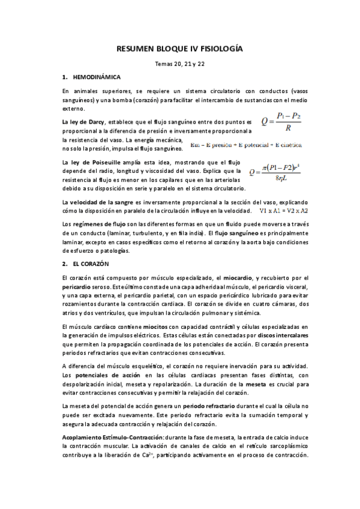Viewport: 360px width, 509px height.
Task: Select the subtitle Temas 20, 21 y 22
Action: tap(179, 65)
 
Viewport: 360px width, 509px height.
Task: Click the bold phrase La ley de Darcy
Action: tap(83, 122)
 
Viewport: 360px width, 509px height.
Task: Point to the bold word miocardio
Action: tap(236, 278)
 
